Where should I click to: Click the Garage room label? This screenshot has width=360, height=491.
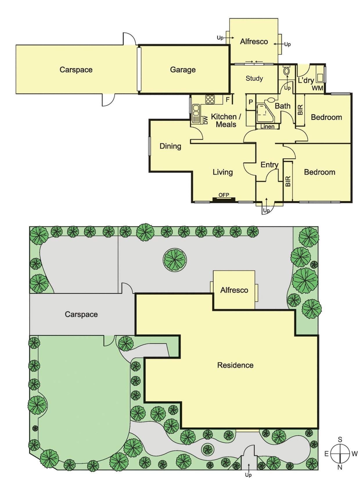tap(183, 70)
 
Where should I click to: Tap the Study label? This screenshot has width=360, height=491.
tap(254, 78)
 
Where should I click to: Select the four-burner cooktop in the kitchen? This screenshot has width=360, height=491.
tap(210, 100)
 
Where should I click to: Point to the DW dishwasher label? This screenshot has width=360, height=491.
tap(206, 120)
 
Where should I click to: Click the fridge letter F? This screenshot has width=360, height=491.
tap(228, 100)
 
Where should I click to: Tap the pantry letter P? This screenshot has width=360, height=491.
tap(251, 102)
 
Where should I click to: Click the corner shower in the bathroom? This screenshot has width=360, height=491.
tap(264, 113)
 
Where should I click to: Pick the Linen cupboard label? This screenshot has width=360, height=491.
tap(267, 127)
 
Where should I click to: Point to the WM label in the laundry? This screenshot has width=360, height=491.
tap(317, 88)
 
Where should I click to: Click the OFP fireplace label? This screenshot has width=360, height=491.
tap(224, 195)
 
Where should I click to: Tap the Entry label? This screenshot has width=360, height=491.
tap(269, 165)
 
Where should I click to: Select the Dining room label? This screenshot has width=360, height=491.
tap(170, 146)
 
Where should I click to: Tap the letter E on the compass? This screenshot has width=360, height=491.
tap(326, 454)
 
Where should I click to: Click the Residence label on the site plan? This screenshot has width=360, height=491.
tap(235, 365)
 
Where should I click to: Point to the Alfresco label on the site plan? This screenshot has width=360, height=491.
tap(234, 290)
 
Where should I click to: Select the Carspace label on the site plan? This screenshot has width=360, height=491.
tap(81, 314)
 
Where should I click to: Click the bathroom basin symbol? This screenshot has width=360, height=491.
tap(271, 100)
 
